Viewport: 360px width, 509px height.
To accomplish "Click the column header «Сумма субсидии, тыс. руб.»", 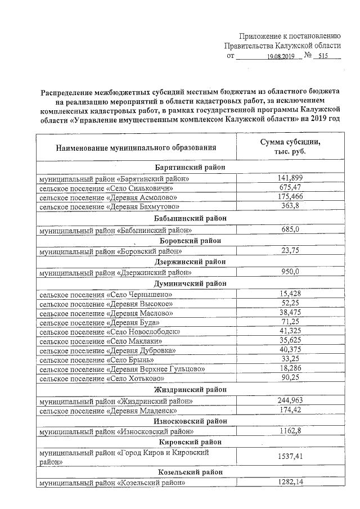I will coord(292,147).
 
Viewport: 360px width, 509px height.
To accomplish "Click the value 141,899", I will coord(291,178).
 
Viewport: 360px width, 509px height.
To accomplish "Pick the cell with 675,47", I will coord(291,188).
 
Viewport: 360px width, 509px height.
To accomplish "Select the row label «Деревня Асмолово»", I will coord(109,197).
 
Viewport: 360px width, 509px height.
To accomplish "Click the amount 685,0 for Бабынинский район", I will coord(291,229).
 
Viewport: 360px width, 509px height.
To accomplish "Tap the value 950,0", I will coord(291,272).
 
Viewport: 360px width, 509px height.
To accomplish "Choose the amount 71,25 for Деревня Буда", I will coord(291,322).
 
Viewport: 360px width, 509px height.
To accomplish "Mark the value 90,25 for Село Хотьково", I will coord(291,379).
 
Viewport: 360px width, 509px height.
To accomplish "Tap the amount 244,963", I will coord(291,401).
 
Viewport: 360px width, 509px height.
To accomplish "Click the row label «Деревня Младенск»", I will coord(109,411).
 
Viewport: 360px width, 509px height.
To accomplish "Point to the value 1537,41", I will coord(291,457).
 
